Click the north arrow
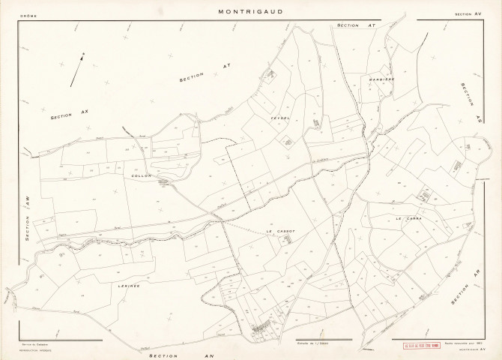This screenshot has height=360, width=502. click(78, 69)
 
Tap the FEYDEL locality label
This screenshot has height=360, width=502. click(282, 118)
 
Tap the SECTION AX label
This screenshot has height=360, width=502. click(70, 113)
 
